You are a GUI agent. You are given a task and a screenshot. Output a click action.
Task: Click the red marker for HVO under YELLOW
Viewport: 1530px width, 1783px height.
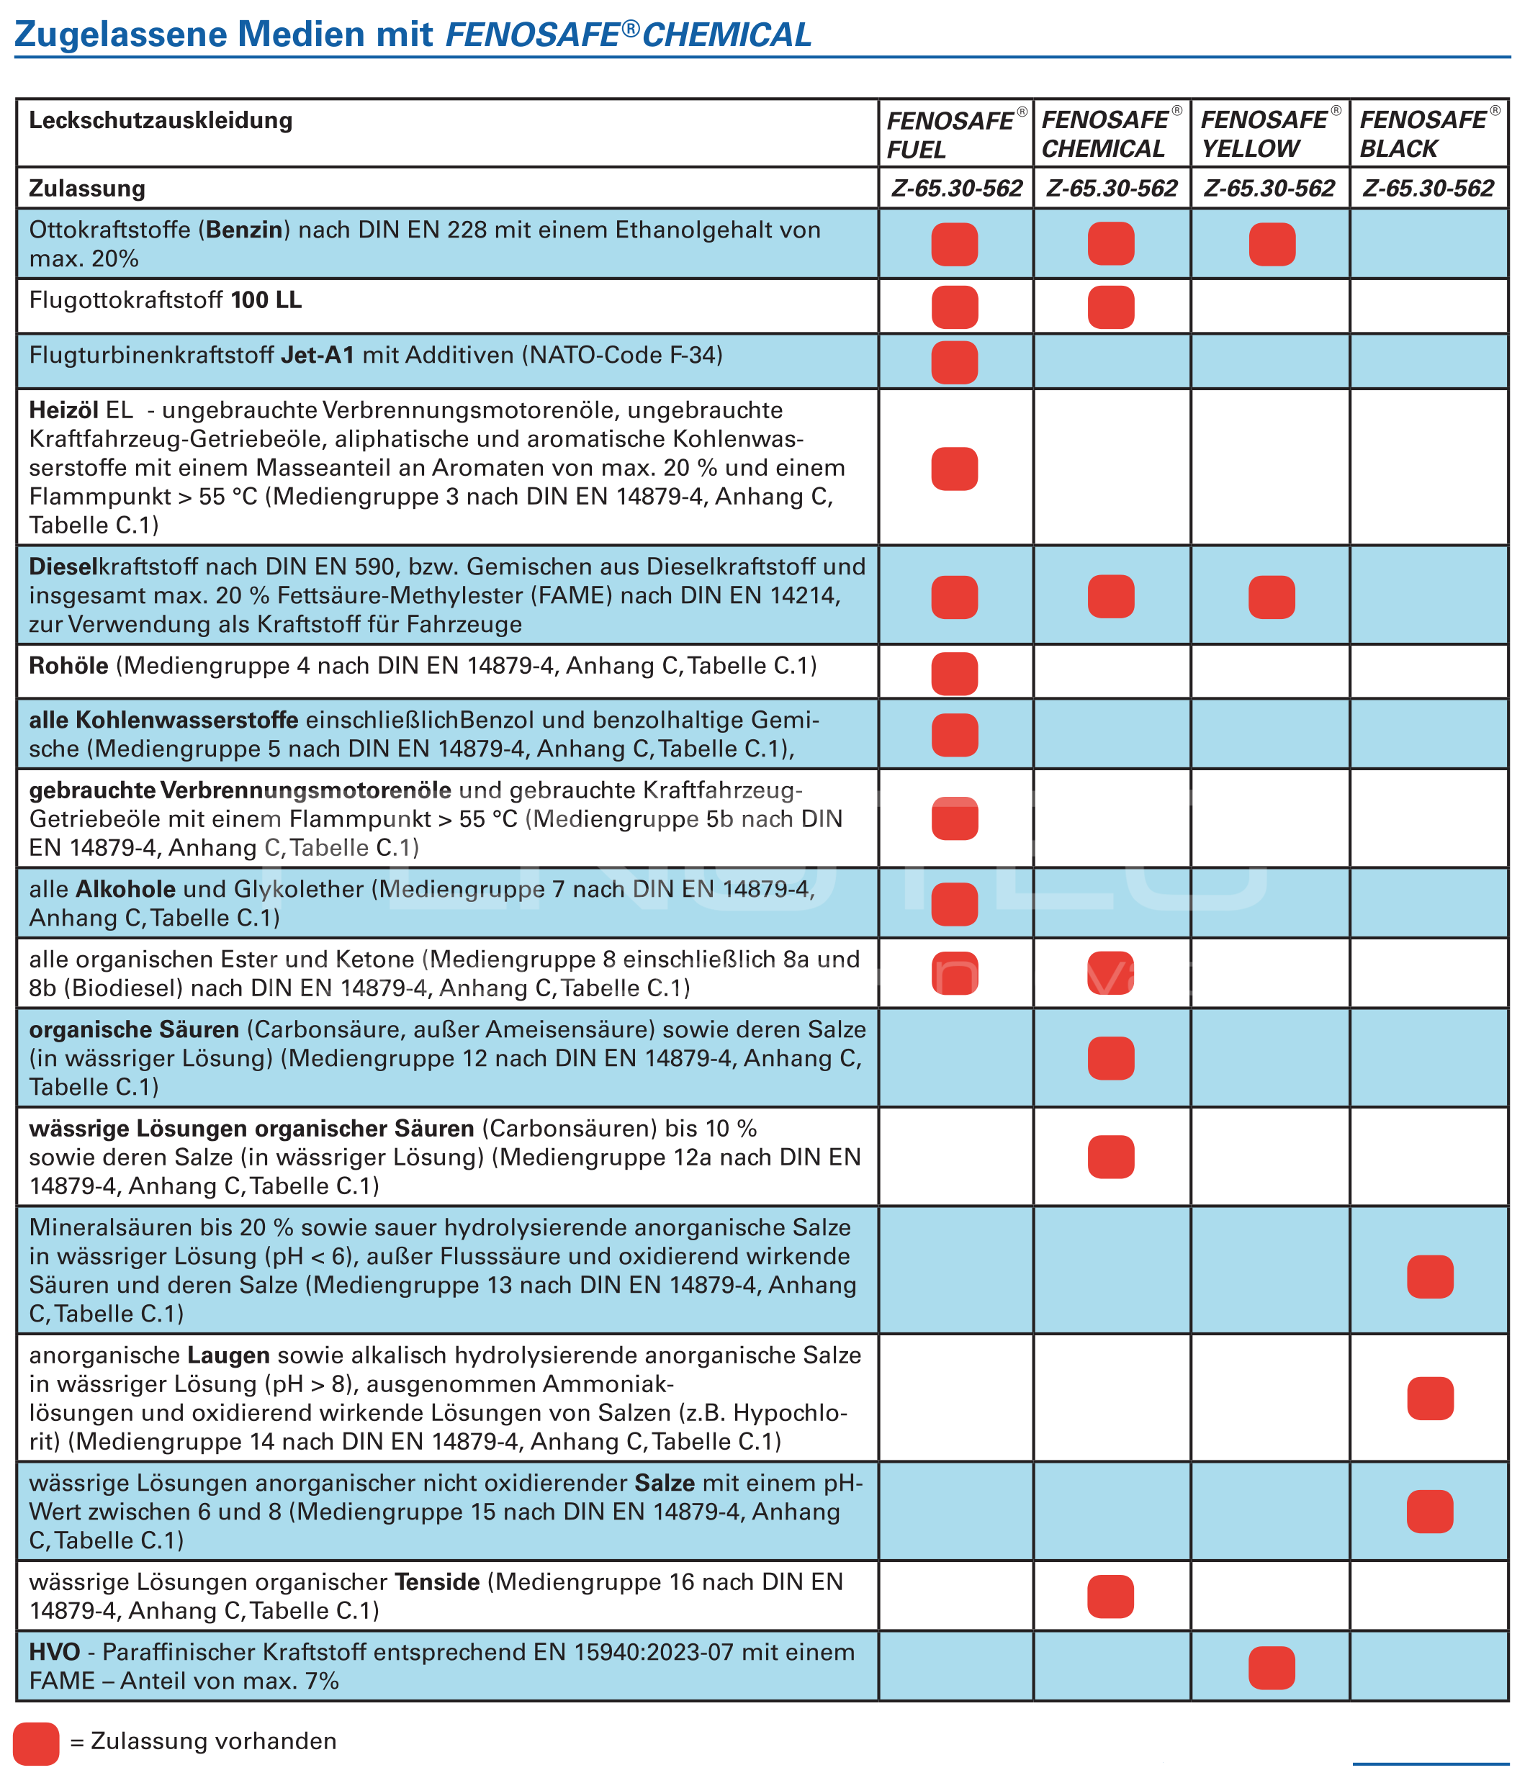pyautogui.click(x=1271, y=1668)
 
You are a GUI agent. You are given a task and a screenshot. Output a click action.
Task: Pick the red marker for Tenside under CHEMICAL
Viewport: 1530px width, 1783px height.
pyautogui.click(x=1110, y=1597)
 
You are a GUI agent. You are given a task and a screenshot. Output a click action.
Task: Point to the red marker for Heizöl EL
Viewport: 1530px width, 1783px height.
pyautogui.click(x=954, y=469)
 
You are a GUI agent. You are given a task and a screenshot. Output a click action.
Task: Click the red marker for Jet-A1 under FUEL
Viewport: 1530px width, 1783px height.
pyautogui.click(x=954, y=362)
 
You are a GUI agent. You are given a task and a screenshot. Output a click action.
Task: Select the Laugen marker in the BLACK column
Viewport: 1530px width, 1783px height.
pyautogui.click(x=1429, y=1399)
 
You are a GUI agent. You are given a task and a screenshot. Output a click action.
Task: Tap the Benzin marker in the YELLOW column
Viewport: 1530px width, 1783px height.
pyautogui.click(x=1271, y=245)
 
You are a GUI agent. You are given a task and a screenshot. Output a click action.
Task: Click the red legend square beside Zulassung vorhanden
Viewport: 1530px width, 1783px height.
pyautogui.click(x=36, y=1743)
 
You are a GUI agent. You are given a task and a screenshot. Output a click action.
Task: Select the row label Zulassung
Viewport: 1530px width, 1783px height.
pyautogui.click(x=87, y=189)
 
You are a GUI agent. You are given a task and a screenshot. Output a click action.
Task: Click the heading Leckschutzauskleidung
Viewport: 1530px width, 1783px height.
pyautogui.click(x=161, y=120)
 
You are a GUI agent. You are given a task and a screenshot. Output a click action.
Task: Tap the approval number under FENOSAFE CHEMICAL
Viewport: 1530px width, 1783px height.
pyautogui.click(x=1111, y=189)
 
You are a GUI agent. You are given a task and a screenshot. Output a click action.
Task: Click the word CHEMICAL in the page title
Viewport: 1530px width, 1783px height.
pyautogui.click(x=726, y=35)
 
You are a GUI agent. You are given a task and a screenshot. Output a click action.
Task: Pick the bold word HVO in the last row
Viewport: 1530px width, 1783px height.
pyautogui.click(x=54, y=1652)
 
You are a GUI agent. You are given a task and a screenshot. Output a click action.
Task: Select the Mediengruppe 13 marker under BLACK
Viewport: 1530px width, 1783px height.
pyautogui.click(x=1429, y=1276)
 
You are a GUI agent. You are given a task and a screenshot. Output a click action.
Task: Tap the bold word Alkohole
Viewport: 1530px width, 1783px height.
pyautogui.click(x=125, y=889)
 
